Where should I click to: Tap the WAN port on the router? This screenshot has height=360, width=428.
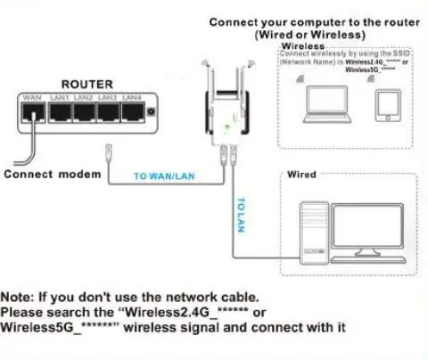[34, 111]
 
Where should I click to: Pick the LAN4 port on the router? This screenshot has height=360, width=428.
[132, 111]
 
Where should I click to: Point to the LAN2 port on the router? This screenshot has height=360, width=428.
[83, 111]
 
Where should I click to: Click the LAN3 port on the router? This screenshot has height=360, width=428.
[108, 111]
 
